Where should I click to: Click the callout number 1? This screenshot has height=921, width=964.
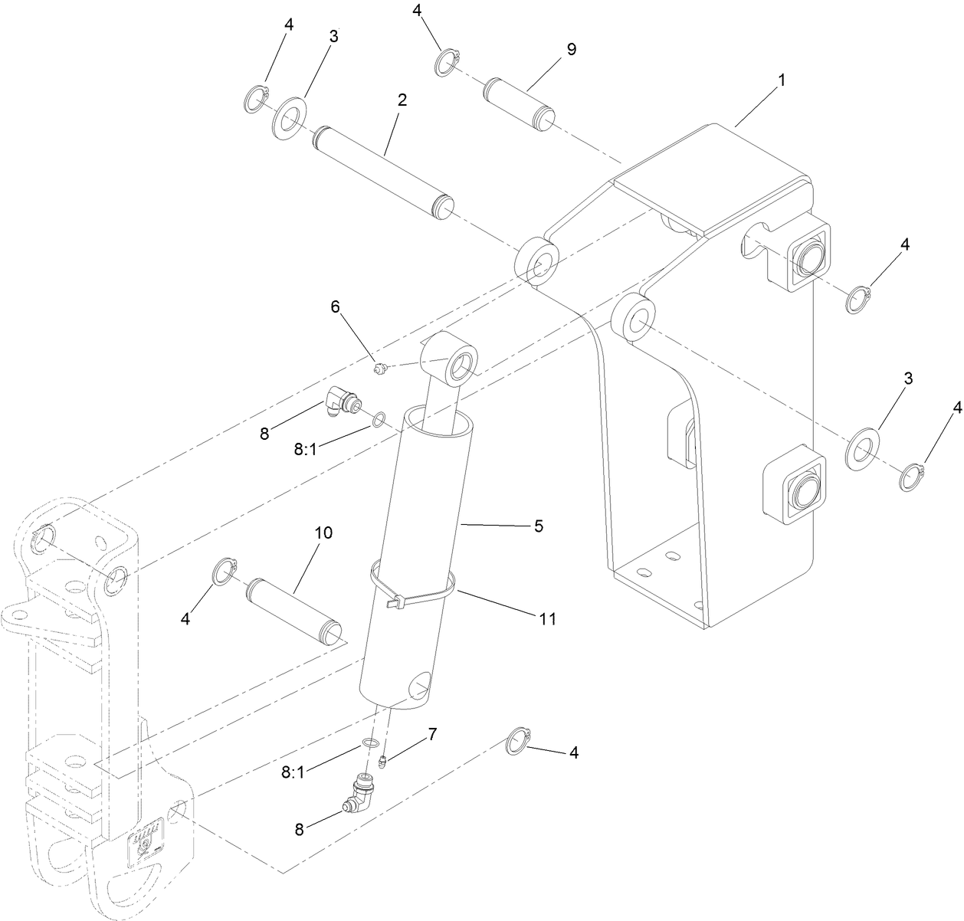click(781, 80)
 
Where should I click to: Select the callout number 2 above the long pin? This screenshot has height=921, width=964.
click(402, 100)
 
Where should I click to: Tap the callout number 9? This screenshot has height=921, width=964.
click(571, 49)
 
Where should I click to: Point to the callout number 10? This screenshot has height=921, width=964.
click(323, 533)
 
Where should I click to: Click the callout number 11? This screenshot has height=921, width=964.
click(546, 618)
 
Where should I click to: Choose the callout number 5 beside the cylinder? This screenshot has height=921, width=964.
click(539, 526)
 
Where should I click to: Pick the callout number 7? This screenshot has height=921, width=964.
click(432, 734)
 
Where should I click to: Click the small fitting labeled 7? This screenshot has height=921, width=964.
click(382, 761)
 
